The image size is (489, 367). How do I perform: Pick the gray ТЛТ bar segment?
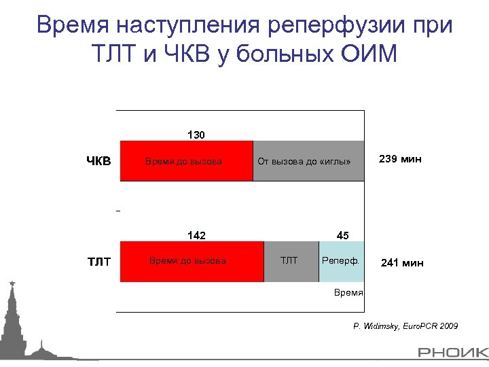click(291, 261)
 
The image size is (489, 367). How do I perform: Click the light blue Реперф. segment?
click(342, 261)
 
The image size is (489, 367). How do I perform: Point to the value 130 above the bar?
click(196, 135)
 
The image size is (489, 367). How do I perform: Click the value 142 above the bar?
click(196, 236)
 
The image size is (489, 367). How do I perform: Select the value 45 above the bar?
click(342, 236)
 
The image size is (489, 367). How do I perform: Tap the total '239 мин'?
click(401, 160)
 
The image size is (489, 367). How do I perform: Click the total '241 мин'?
click(402, 262)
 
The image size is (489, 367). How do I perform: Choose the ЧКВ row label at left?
click(98, 162)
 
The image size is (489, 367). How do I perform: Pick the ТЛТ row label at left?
click(100, 262)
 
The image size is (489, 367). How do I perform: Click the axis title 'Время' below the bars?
click(349, 292)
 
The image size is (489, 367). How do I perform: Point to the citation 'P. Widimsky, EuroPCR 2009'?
click(405, 327)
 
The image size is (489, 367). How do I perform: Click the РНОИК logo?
click(452, 353)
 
